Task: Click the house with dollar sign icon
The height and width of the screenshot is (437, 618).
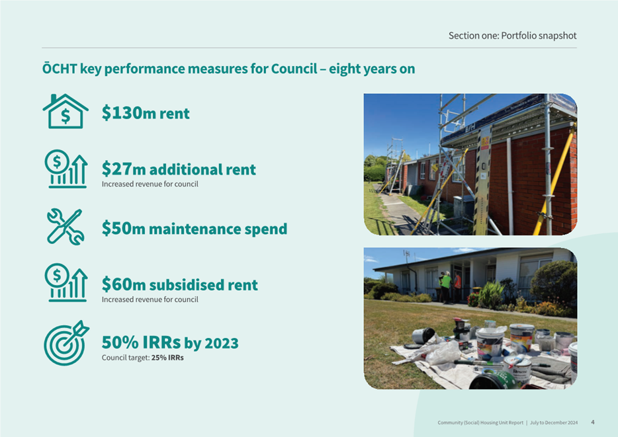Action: coord(66,112)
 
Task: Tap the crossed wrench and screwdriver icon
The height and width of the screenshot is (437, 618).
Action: coord(66,227)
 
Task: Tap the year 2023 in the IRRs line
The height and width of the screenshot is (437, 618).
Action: coord(222,343)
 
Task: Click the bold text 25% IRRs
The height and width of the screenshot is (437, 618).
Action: coord(167,358)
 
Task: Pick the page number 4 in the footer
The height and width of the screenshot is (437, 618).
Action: coord(593,422)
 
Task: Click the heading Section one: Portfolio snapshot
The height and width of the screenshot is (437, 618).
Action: coord(512,36)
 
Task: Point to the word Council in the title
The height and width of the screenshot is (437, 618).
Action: coord(294,69)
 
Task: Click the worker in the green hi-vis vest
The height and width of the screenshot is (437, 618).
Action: coord(445,287)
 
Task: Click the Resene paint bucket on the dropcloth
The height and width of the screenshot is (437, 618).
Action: coord(518,369)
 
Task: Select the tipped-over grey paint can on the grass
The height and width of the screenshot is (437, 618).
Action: coord(423,336)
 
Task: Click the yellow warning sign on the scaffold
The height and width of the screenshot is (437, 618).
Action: coord(485,142)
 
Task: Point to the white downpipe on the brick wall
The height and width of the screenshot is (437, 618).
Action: coord(510,186)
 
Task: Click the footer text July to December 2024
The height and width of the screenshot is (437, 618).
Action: coord(554,422)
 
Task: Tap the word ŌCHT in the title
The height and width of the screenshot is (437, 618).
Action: coord(60,69)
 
